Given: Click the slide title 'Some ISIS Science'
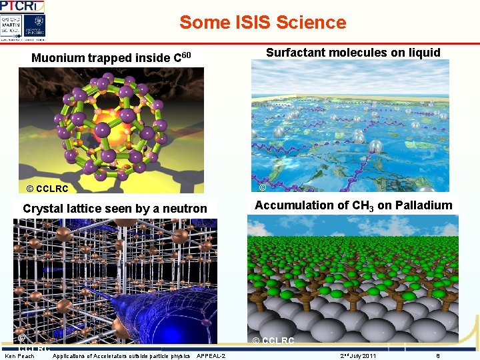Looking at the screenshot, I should [263, 22].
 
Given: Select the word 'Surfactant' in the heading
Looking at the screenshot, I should [296, 53].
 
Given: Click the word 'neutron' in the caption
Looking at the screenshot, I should [186, 209].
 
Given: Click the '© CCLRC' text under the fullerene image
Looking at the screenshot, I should [43, 189].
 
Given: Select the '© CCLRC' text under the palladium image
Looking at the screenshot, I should [273, 341].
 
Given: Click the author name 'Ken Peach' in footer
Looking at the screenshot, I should [19, 356].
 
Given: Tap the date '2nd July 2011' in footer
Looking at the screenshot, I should [358, 356].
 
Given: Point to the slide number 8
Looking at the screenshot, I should [438, 356].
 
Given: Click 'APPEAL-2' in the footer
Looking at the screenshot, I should [211, 356].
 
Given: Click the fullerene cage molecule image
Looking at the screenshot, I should [110, 120].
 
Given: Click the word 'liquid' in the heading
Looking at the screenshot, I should [423, 53].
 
